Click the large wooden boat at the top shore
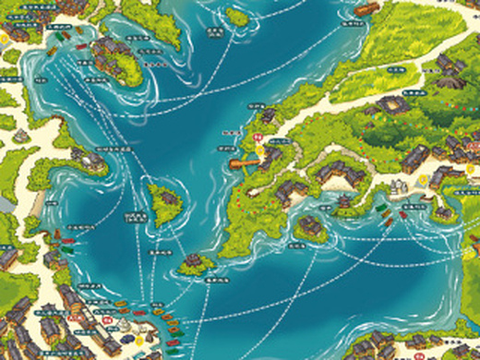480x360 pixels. coord(366,10)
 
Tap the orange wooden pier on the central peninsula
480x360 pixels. coord(246,161)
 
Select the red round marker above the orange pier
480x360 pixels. coord(257,136)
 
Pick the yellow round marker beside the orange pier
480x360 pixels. coord(262,149)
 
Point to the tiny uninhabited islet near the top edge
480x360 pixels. coord(237,17)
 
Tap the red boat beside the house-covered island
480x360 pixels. coord(81,47)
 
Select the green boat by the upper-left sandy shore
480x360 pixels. coord(62,40)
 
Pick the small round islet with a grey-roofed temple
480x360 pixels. coord(196,263)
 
